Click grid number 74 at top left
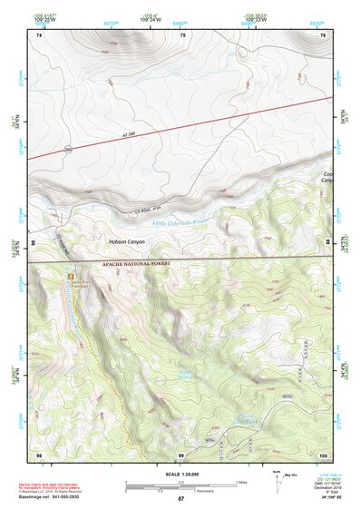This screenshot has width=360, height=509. (40, 34)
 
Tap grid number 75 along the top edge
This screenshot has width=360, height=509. (184, 34)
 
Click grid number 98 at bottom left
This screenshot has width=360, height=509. (40, 453)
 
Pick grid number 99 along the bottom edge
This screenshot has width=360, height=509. (181, 453)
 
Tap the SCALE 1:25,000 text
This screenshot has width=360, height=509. (180, 473)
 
